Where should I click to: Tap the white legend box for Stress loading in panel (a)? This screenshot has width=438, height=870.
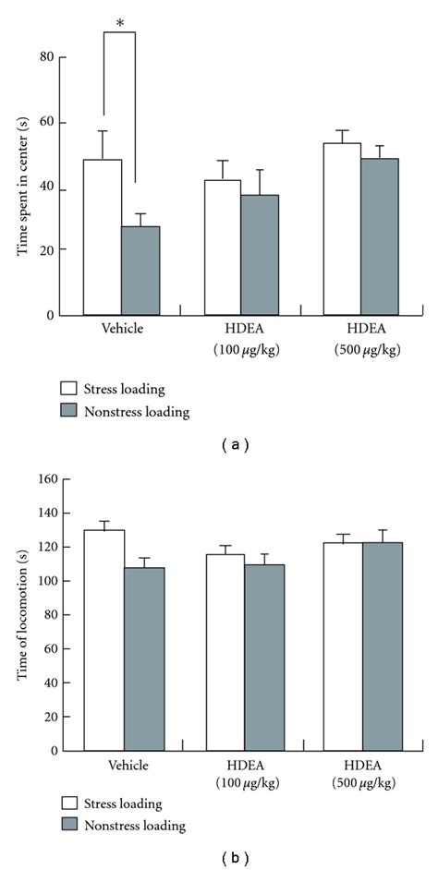(68, 388)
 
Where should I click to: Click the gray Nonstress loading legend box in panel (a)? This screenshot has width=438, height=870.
(68, 412)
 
